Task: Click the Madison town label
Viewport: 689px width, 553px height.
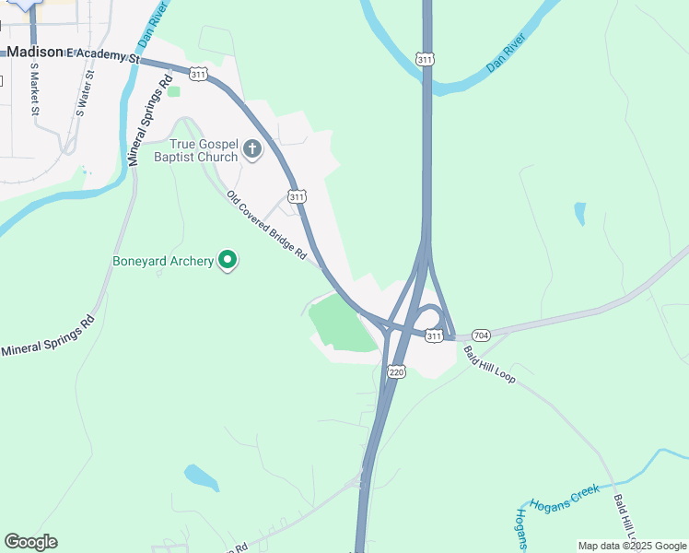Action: (x=35, y=53)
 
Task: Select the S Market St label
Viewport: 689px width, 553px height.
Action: (x=35, y=90)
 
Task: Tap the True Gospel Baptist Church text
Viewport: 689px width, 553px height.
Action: (x=204, y=149)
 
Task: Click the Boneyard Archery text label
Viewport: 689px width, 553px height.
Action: (x=163, y=261)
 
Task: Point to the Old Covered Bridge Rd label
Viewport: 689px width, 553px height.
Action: (x=265, y=225)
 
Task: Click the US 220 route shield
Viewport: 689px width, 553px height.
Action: (x=396, y=371)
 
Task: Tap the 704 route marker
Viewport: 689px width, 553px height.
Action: (x=481, y=335)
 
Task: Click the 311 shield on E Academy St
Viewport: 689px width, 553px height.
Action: (x=198, y=72)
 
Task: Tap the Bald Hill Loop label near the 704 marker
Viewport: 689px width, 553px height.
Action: (x=490, y=364)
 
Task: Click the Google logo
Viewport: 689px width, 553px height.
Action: (x=30, y=542)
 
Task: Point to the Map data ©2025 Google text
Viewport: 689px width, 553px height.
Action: (x=632, y=546)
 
